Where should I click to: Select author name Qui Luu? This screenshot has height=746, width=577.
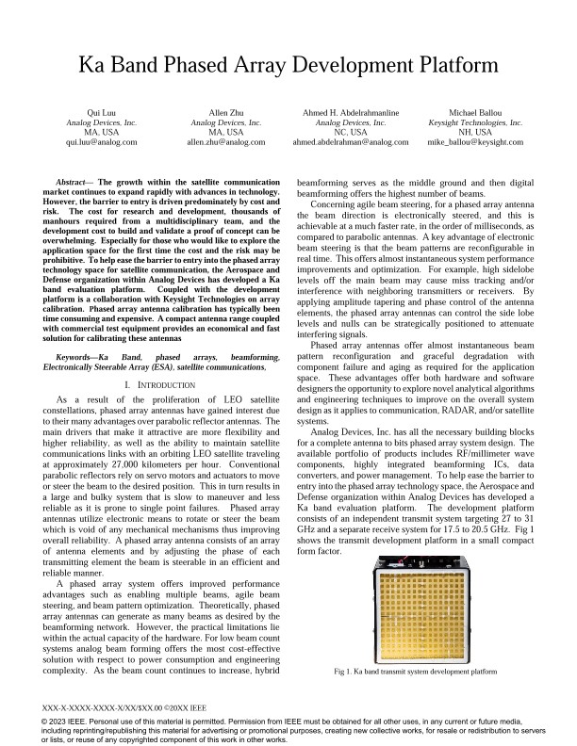(101, 112)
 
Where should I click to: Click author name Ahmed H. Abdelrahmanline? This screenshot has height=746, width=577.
(351, 112)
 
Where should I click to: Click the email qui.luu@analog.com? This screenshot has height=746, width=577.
(101, 143)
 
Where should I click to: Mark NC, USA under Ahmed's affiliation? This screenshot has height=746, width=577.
(351, 133)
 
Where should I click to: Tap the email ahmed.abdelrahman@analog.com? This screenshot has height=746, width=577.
(351, 143)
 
